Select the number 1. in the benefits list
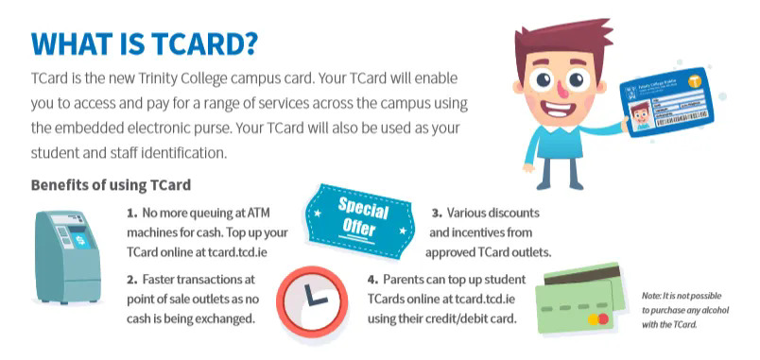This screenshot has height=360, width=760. [x=132, y=213]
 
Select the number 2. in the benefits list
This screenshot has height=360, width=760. [x=131, y=279]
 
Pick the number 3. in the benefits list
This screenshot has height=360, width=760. [x=438, y=213]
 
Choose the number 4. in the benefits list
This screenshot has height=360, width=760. [x=373, y=279]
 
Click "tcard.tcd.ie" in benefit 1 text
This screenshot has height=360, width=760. [x=251, y=252]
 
